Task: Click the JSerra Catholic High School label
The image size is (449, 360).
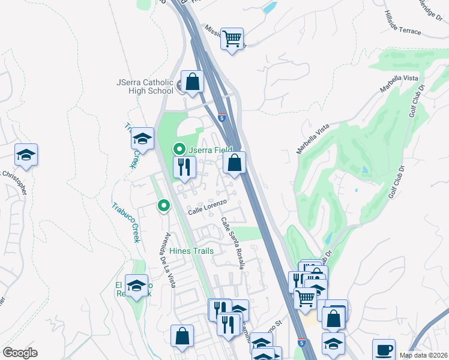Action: (145, 86)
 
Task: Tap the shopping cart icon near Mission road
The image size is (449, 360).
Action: (232, 39)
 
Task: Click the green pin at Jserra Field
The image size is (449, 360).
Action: (178, 148)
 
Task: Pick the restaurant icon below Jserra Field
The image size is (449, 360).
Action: (184, 166)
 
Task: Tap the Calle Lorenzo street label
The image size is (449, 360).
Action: (207, 208)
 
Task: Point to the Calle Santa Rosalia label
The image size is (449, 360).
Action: (232, 242)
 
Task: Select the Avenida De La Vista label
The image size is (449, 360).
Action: (167, 259)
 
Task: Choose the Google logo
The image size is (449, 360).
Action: (19, 353)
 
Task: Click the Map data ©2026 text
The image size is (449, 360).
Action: (424, 355)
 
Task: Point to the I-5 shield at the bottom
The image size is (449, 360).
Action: (302, 342)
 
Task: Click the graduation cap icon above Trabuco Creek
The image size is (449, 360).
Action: (142, 139)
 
